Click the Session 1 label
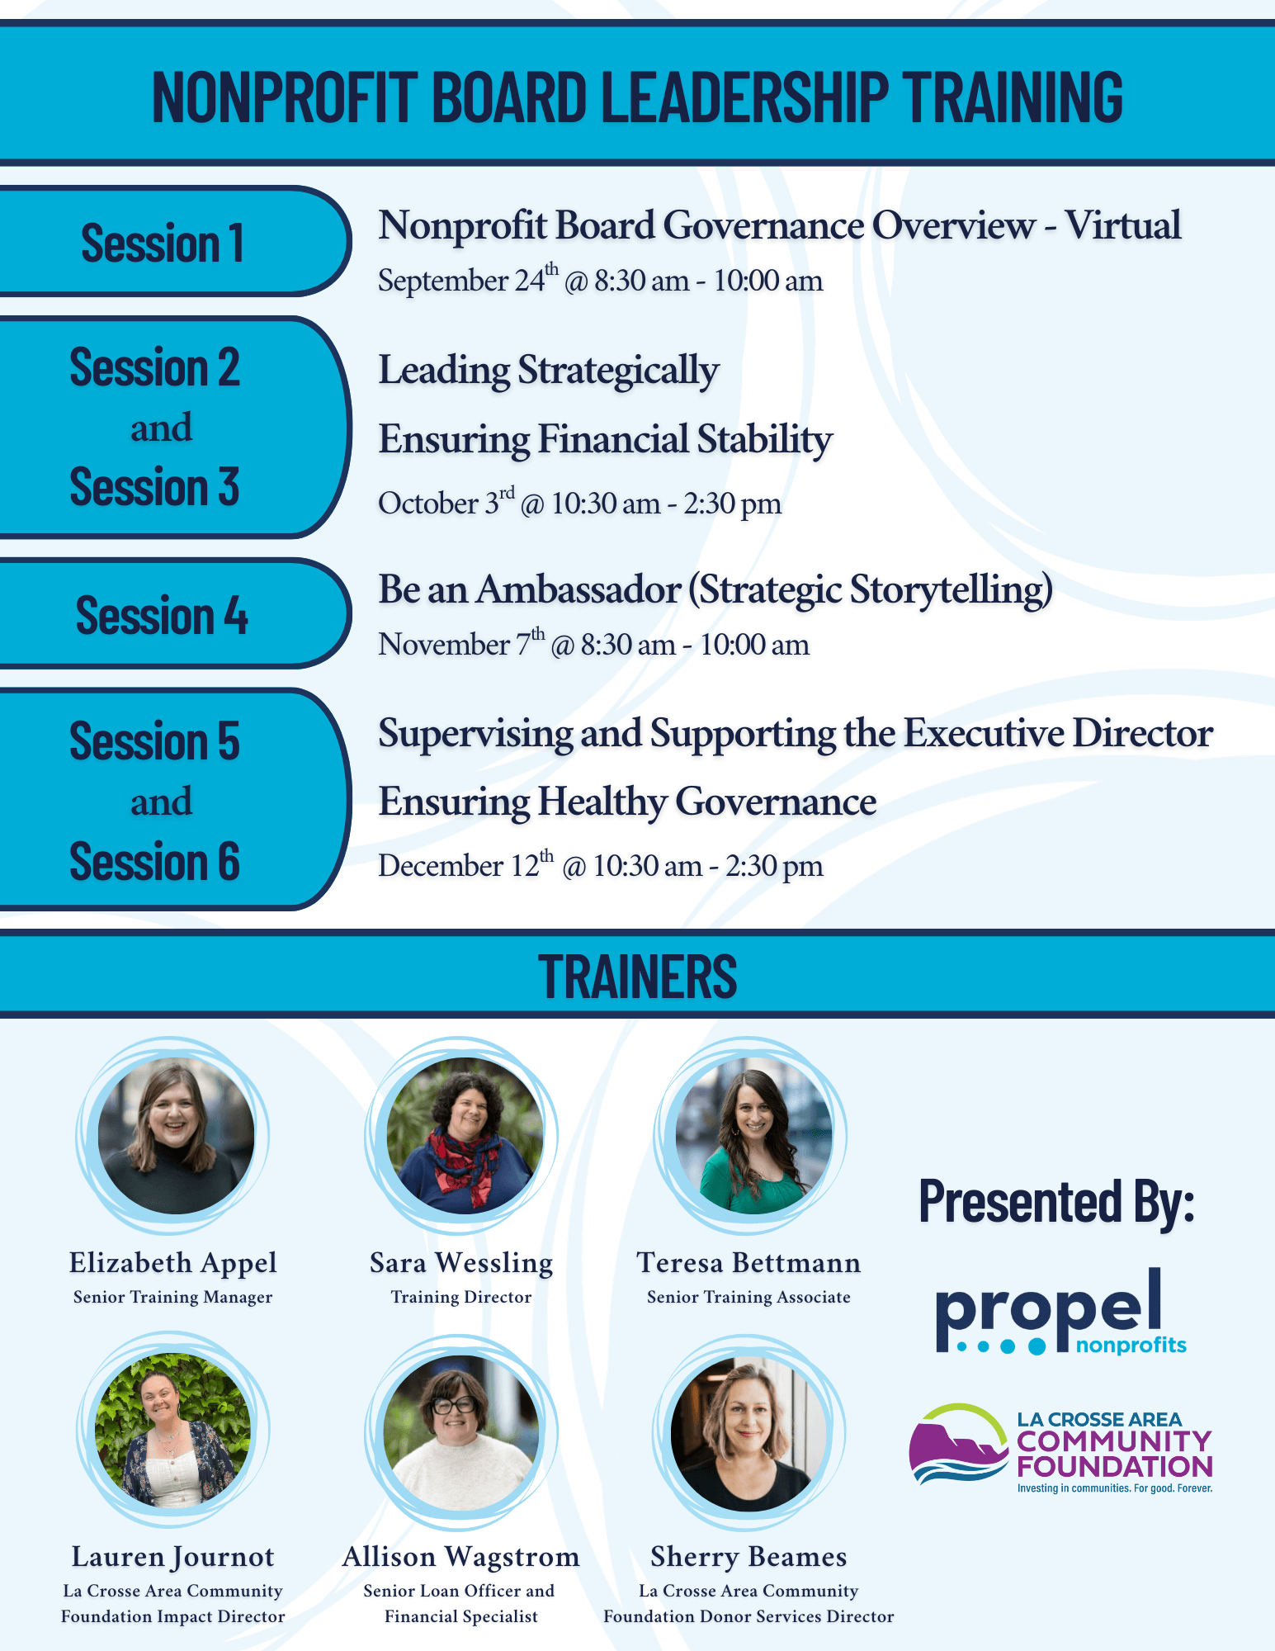(x=163, y=244)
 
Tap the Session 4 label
(x=162, y=616)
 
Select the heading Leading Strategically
(x=549, y=371)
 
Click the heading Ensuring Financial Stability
(x=606, y=439)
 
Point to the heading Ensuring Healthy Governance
(x=627, y=802)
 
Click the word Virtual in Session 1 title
(x=1122, y=225)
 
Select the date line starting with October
(x=579, y=502)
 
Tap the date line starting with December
(x=601, y=864)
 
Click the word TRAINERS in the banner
(x=637, y=977)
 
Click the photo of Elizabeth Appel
(x=176, y=1135)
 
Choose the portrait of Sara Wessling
(x=465, y=1135)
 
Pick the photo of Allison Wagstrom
(x=461, y=1432)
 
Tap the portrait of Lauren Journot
(x=172, y=1429)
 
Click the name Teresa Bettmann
(x=748, y=1263)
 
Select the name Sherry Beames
(x=748, y=1557)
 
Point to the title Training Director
(x=461, y=1297)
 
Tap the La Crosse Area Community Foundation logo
(x=1060, y=1449)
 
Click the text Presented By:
(x=1057, y=1202)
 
